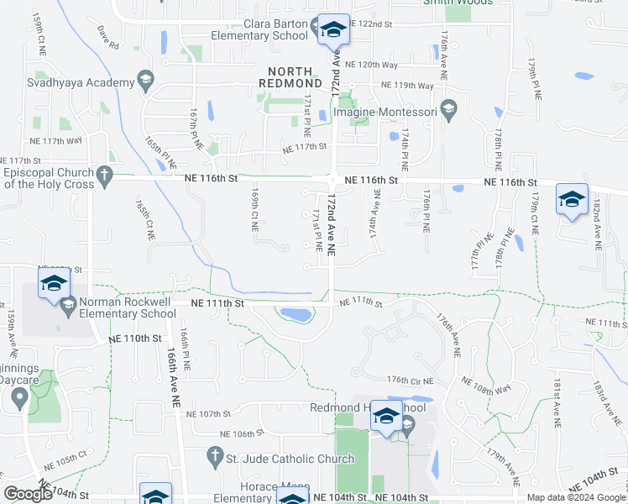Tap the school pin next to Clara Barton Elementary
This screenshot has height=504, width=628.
coord(333,30)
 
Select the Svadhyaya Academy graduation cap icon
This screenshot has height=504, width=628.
coord(146,81)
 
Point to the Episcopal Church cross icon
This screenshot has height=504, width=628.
coord(104,176)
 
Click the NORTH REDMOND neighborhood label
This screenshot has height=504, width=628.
coord(296,77)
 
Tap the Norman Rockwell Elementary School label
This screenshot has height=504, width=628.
coord(128,307)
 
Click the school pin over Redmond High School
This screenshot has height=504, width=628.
coord(386,417)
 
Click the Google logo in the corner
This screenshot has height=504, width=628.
coord(28,494)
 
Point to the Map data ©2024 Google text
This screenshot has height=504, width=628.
coord(576,497)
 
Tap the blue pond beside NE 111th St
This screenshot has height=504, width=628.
coord(296,314)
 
